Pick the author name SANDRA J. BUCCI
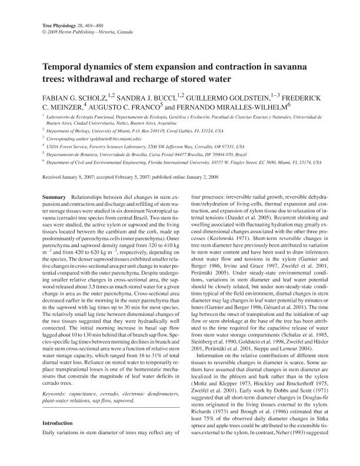[143, 94]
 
